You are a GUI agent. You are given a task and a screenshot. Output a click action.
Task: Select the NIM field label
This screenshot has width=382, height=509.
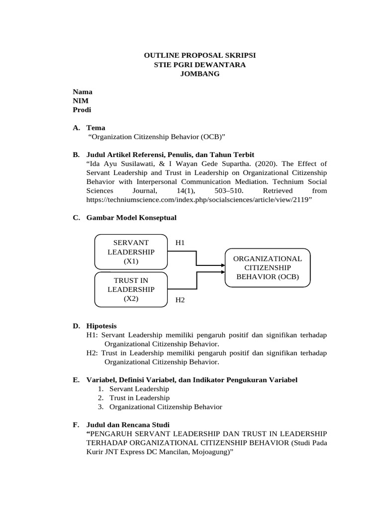pos(81,101)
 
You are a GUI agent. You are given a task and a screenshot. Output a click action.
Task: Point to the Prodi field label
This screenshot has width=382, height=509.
pos(82,110)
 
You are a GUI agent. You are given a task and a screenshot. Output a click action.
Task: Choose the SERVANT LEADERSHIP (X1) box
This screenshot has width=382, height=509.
pos(131,252)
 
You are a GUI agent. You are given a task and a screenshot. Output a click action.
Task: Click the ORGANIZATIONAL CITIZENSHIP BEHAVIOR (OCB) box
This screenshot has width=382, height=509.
pos(268,268)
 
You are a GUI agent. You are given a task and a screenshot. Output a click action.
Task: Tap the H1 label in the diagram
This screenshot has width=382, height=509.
pos(180,243)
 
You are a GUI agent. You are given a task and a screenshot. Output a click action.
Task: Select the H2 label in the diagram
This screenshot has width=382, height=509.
pos(180,300)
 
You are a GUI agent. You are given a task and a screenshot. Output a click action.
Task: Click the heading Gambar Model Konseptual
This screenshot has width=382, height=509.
pos(131,217)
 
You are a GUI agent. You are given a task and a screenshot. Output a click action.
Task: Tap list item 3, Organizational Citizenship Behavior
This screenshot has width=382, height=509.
pos(166,407)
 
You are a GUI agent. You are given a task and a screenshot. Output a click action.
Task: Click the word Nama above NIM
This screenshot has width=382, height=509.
pos(83,92)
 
